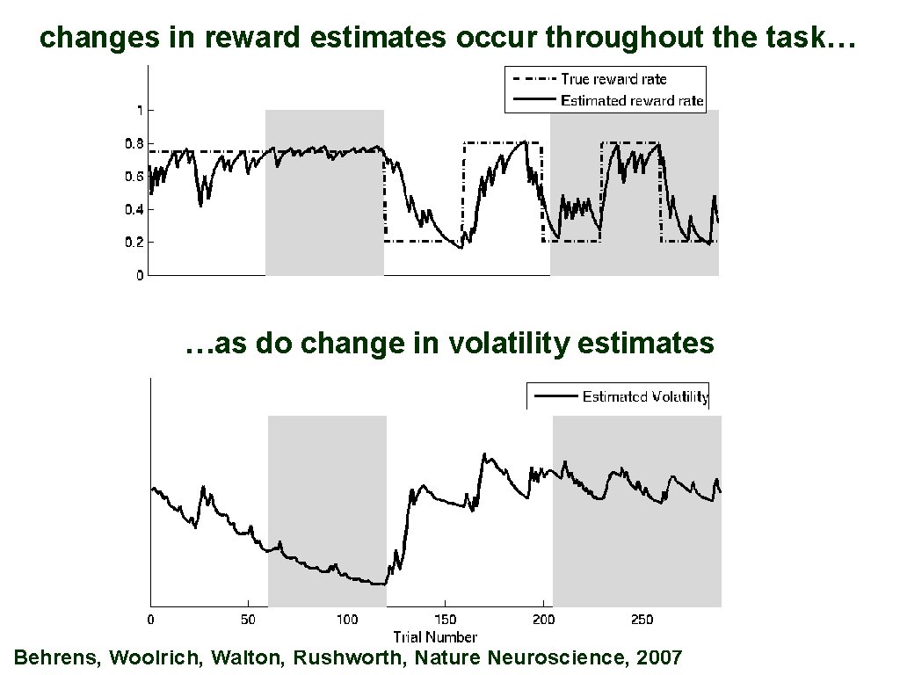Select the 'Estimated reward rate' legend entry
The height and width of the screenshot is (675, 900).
coord(632,100)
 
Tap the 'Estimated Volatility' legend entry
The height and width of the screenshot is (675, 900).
coord(645,396)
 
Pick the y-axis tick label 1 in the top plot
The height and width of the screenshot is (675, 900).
coord(139,111)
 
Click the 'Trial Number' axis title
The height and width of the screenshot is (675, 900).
coord(435,636)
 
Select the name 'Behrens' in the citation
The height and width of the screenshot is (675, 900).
coord(54,657)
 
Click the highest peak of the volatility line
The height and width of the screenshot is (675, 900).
coord(484,454)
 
